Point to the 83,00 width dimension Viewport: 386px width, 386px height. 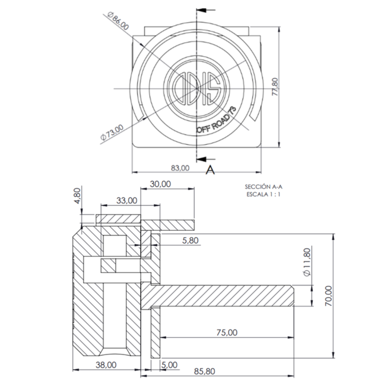click(x=180, y=168)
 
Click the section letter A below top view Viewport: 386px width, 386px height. click(x=210, y=169)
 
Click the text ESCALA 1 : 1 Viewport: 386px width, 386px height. click(x=263, y=194)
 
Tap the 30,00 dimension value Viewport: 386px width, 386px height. click(x=160, y=184)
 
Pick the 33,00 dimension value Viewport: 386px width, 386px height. click(x=127, y=200)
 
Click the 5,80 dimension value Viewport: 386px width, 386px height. click(x=189, y=240)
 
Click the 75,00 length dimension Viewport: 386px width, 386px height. click(x=227, y=332)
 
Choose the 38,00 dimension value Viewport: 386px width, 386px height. click(x=106, y=364)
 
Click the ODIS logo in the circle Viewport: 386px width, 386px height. click(x=197, y=88)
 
